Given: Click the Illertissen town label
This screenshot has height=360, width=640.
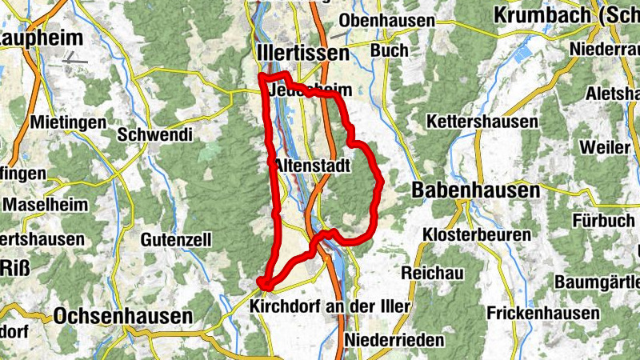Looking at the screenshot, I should click(305, 54).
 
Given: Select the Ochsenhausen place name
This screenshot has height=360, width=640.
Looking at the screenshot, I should click(123, 317).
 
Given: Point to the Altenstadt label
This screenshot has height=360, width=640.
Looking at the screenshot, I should click(313, 166).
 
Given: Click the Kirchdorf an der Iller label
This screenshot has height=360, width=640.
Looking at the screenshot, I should click(330, 307).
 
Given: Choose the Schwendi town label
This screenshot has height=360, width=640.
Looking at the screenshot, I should click(155, 134).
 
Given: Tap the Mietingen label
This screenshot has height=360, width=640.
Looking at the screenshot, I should click(68, 123).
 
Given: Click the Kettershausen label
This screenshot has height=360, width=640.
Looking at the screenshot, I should click(482, 122).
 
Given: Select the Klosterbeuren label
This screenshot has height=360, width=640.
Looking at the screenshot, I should click(478, 235).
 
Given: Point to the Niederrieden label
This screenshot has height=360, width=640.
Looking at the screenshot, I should click(395, 341).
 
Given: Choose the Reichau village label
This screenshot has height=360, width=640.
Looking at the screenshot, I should click(433, 274).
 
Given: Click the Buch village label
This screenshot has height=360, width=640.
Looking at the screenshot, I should click(389, 50).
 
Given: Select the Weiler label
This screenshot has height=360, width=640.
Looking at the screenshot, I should click(606, 149).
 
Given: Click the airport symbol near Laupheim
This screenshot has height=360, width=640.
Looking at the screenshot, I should click(76, 57).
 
